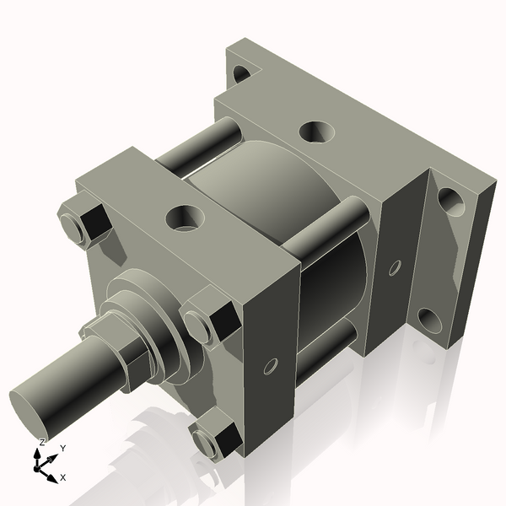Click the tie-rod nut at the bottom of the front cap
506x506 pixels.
click(218, 436)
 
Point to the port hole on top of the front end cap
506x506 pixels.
click(184, 218)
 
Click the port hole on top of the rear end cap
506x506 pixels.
click(316, 132)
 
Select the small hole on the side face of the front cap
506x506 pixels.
click(270, 365)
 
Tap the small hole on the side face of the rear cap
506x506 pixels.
click(394, 268)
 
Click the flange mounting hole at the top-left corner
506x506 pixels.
click(240, 73)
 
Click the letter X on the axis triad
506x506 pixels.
click(63, 477)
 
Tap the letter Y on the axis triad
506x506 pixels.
click(62, 449)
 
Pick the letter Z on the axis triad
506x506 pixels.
click(42, 441)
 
